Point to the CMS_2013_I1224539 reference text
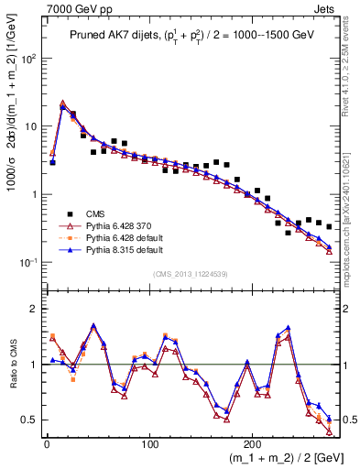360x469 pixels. [x=190, y=272]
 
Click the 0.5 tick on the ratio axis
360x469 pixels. [x=32, y=420]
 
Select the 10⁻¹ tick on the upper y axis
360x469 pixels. [x=30, y=262]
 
